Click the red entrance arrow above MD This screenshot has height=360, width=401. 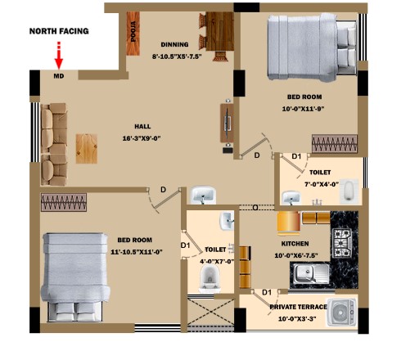[x=59, y=56]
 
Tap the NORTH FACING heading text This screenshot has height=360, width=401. [x=59, y=31]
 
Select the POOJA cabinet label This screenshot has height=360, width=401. [x=133, y=31]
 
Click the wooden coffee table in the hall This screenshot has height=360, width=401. [x=87, y=149]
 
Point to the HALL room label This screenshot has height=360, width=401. [x=142, y=127]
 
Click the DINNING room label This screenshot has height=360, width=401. [x=174, y=44]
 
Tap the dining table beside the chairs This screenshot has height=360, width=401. [x=219, y=31]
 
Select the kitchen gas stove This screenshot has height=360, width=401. [x=341, y=242]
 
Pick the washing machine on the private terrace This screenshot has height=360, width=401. [x=342, y=313]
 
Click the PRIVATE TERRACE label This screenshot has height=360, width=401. [x=298, y=307]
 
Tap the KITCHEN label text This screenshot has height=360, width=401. [x=295, y=244]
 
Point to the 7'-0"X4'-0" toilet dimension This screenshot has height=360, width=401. [x=322, y=184]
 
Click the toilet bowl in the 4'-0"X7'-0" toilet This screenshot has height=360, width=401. [x=210, y=277]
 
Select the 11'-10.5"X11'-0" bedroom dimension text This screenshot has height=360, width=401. [x=137, y=252]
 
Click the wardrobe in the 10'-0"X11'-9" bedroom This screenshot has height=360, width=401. [x=335, y=143]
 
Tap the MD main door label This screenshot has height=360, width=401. [x=59, y=76]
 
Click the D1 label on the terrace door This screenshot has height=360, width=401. [x=267, y=293]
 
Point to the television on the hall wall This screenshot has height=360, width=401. [x=228, y=123]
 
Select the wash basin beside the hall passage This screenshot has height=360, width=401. [x=203, y=196]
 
